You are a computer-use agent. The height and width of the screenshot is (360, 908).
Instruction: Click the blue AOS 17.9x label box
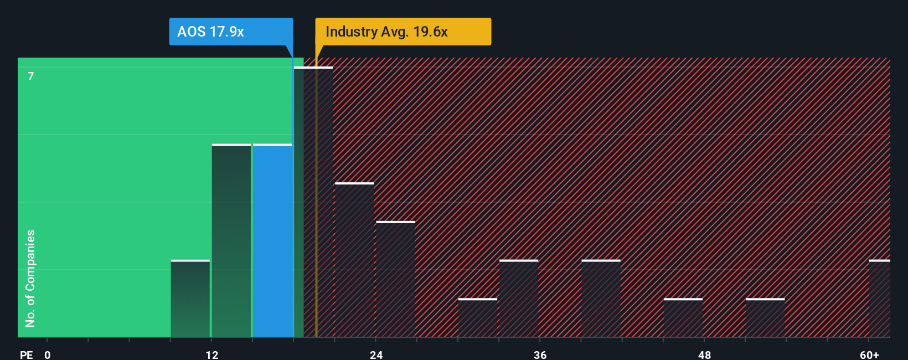pyautogui.click(x=230, y=32)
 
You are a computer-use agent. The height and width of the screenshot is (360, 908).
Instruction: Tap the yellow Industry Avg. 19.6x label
pyautogui.click(x=403, y=32)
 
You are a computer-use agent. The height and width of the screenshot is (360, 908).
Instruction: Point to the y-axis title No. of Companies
pyautogui.click(x=30, y=278)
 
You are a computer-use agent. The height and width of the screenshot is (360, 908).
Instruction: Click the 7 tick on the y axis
pyautogui.click(x=31, y=76)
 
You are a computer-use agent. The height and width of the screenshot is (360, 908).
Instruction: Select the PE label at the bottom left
pyautogui.click(x=26, y=354)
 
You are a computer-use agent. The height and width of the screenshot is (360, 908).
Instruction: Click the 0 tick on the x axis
pyautogui.click(x=48, y=354)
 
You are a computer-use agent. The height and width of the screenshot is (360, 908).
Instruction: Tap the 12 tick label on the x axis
pyautogui.click(x=211, y=354)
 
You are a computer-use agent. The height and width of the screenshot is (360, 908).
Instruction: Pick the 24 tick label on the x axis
pyautogui.click(x=376, y=354)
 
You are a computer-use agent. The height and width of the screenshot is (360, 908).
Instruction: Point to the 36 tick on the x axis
pyautogui.click(x=540, y=354)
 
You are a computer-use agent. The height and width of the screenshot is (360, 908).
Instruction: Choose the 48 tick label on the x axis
pyautogui.click(x=704, y=354)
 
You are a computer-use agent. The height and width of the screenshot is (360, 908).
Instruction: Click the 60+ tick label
pyautogui.click(x=869, y=354)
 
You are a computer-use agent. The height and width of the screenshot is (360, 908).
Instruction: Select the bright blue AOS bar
pyautogui.click(x=272, y=241)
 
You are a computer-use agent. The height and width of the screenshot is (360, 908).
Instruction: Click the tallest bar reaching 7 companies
pyautogui.click(x=313, y=202)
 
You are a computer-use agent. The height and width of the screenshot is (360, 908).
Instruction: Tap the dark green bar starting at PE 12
pyautogui.click(x=231, y=241)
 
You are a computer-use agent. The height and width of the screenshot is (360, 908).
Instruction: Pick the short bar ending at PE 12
pyautogui.click(x=190, y=299)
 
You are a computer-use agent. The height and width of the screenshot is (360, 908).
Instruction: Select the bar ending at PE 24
pyautogui.click(x=354, y=260)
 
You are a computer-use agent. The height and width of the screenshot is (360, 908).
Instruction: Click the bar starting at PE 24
pyautogui.click(x=395, y=279)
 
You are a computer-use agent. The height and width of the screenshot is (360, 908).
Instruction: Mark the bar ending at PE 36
pyautogui.click(x=519, y=299)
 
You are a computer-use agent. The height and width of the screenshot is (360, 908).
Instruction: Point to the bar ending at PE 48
pyautogui.click(x=683, y=318)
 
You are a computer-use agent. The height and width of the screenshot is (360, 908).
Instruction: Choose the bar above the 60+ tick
pyautogui.click(x=879, y=299)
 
